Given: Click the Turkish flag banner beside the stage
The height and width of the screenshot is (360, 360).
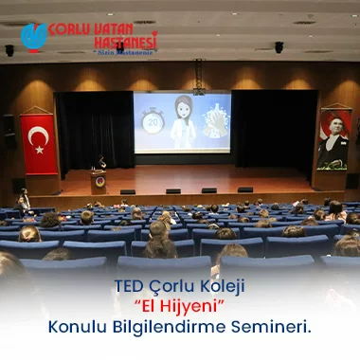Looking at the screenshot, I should (x=39, y=143).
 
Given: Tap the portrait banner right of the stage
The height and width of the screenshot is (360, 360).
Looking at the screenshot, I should (x=333, y=139).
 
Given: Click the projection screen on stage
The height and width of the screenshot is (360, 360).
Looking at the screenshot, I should (x=182, y=122).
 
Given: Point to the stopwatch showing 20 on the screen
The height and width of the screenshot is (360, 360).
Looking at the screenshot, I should (x=153, y=121).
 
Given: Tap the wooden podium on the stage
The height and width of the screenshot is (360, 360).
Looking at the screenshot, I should (x=99, y=180).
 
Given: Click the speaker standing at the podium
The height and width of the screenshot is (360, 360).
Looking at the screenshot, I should (x=101, y=164).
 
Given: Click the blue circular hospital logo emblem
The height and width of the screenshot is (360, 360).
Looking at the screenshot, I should (x=33, y=37).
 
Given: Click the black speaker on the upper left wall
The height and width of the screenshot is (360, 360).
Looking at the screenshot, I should (x=9, y=50).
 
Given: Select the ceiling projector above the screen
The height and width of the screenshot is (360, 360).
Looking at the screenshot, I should (x=199, y=93).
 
